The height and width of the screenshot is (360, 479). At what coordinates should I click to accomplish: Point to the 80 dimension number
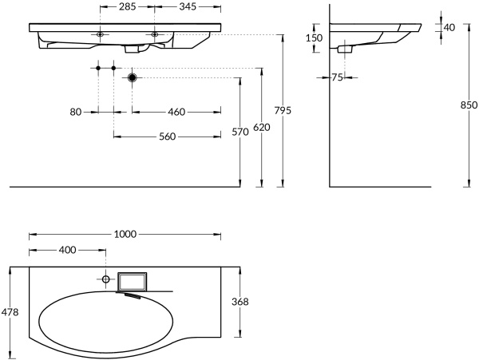click(76, 113)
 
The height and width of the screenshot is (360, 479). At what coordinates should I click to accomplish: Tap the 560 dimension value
click(167, 136)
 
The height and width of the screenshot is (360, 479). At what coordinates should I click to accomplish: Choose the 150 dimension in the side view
click(314, 38)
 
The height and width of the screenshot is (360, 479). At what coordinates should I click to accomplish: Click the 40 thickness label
click(449, 27)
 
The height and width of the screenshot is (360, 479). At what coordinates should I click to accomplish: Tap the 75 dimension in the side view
click(337, 77)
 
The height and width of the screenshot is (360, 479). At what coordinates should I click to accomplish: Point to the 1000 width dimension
click(126, 234)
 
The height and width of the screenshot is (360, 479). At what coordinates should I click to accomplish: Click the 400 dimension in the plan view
click(67, 250)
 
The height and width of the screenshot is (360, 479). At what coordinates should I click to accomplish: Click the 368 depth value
click(240, 302)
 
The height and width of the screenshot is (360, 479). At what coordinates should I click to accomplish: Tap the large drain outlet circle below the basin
click(133, 77)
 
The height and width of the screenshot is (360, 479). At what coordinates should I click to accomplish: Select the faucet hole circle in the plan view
click(105, 279)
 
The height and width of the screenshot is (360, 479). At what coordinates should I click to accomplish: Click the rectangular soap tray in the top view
click(132, 281)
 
